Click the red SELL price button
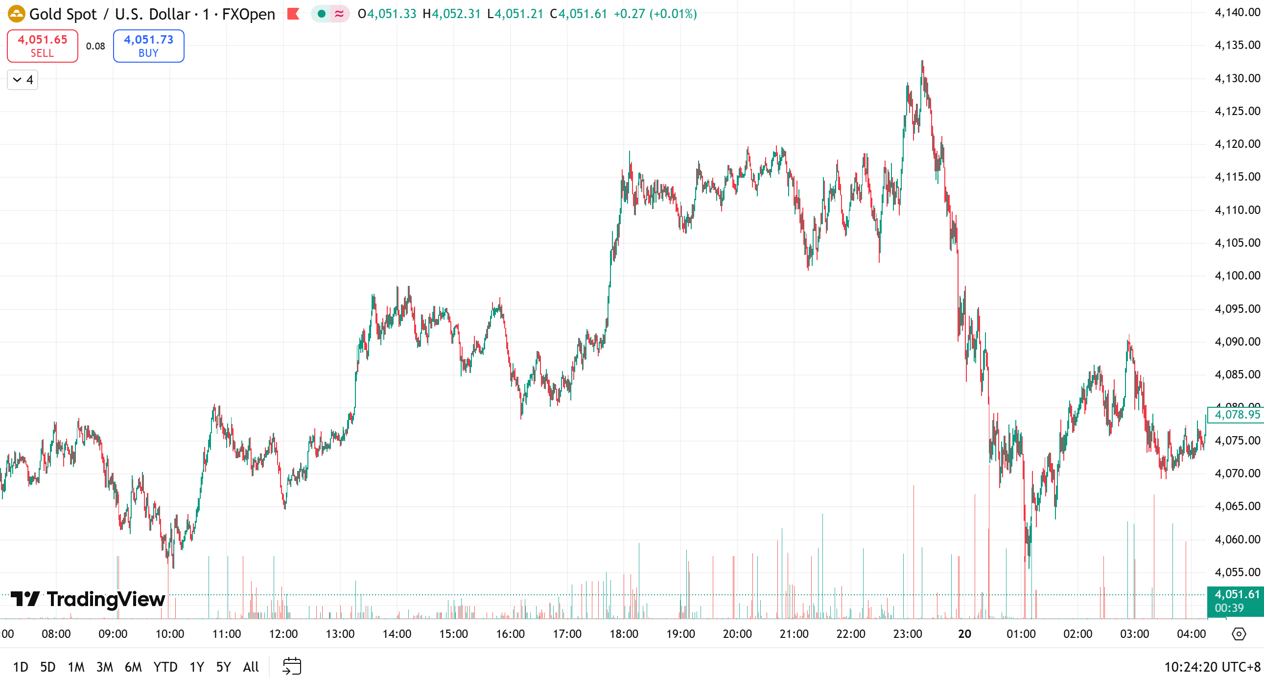[42, 46]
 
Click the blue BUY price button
[148, 46]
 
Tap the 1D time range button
[21, 667]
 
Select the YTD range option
[165, 667]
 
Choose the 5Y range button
[223, 667]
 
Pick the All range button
[251, 667]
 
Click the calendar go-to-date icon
[292, 666]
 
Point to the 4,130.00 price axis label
[1237, 78]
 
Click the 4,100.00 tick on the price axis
[1237, 275]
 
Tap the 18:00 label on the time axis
[624, 633]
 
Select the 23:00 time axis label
[907, 633]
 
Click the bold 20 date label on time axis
[964, 633]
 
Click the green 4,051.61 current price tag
[1236, 601]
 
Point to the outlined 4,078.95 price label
[1237, 415]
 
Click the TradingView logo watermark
[88, 599]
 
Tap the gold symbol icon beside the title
[16, 14]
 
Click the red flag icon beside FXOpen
[293, 14]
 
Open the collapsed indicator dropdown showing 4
[23, 79]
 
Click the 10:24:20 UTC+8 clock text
[1212, 667]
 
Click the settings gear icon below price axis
[1239, 634]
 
